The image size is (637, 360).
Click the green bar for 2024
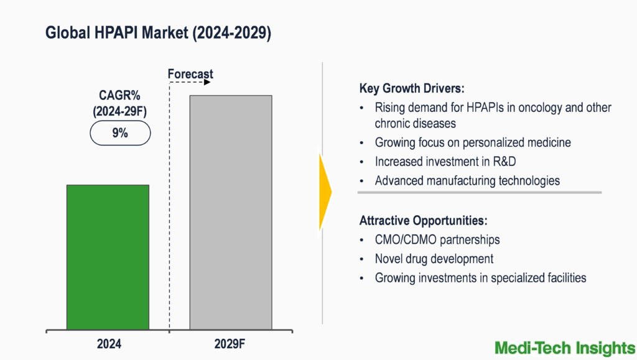pos(108,257)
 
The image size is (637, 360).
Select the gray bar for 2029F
pos(231,212)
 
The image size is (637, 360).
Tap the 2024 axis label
pos(109,344)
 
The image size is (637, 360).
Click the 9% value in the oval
pos(120,132)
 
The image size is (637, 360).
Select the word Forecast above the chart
pos(190,74)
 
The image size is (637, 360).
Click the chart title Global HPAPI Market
pos(158,34)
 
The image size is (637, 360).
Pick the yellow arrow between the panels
pos(325,192)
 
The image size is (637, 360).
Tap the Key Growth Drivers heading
pos(412,88)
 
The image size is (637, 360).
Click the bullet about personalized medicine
pos(473,142)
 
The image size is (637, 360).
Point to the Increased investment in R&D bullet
pos(446,162)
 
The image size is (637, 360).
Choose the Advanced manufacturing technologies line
pos(467,181)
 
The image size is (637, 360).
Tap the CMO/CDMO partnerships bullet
pos(437,239)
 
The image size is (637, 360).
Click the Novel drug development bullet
pos(434,259)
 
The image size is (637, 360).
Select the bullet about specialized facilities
pos(480,278)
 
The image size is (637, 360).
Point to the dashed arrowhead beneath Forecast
pos(209,82)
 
